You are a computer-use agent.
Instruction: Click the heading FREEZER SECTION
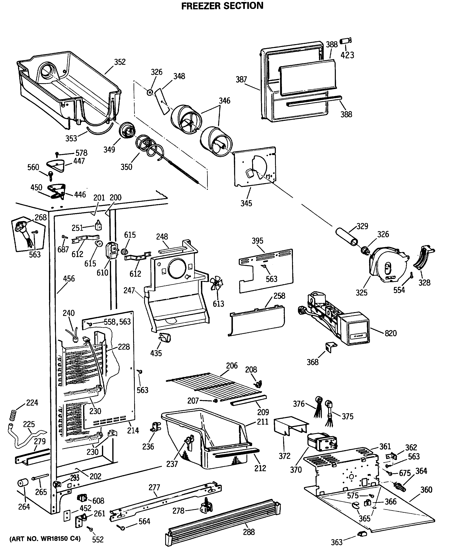point(222,6)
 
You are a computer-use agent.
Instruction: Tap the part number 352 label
point(120,62)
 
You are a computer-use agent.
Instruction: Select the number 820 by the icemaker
point(391,333)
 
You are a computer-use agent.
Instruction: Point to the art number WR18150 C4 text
point(45,538)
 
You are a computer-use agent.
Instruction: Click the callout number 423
point(347,55)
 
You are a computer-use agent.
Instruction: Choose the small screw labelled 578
point(57,155)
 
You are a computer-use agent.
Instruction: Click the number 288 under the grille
point(249,532)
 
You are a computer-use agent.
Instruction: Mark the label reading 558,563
point(117,322)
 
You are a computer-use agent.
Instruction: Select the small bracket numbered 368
point(331,347)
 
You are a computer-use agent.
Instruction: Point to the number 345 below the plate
point(246,203)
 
